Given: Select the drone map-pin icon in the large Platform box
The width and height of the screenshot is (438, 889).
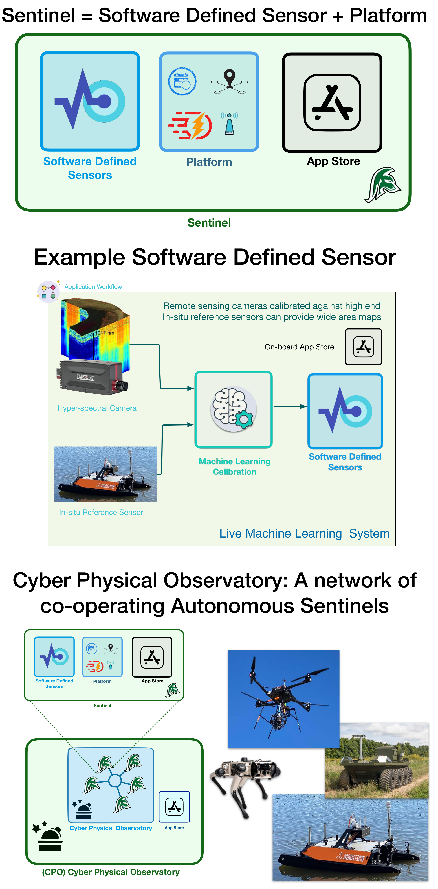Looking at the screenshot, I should [230, 81].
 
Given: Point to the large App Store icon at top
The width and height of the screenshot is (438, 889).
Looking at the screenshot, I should [332, 102].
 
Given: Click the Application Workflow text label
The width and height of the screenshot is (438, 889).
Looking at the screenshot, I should [93, 287].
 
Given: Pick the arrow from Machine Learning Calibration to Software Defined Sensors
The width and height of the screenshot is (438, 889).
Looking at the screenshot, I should [290, 406].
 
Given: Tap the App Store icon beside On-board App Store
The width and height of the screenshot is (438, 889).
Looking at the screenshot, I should [363, 347].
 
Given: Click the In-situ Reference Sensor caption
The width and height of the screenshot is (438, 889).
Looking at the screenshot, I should [101, 512].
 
